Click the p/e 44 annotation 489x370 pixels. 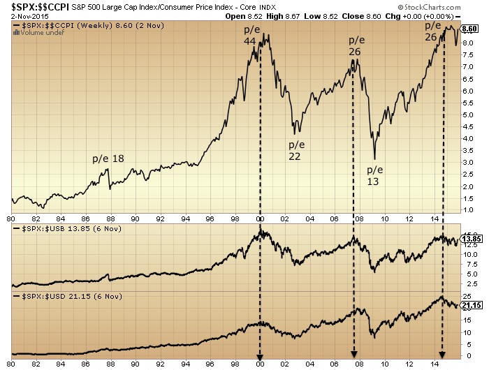coord(250,36)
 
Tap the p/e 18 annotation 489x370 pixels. coord(108,158)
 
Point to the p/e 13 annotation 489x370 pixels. coord(375,176)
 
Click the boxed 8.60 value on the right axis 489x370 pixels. coord(469,29)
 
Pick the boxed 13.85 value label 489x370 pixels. coord(470,239)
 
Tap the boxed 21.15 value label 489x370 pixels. coord(470,304)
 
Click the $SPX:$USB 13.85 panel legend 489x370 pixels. coord(65,230)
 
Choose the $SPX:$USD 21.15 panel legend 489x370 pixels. coord(65,297)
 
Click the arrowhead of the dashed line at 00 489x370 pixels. coord(261,355)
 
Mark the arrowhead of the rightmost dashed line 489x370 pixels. coord(442,355)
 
